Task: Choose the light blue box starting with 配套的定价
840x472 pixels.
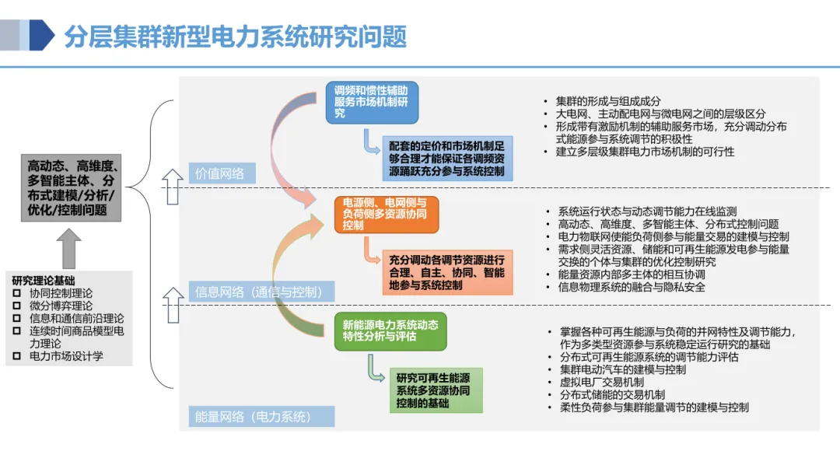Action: click(x=447, y=158)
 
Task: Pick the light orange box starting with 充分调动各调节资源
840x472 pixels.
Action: click(x=446, y=272)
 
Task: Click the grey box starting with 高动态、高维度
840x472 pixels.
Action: click(x=72, y=187)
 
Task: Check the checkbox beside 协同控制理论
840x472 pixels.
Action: click(x=17, y=293)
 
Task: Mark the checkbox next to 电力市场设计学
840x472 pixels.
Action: click(x=17, y=356)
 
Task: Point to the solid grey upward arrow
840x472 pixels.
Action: click(x=69, y=246)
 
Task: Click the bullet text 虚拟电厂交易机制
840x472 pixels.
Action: click(x=601, y=382)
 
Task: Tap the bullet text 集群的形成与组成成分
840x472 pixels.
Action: click(x=607, y=102)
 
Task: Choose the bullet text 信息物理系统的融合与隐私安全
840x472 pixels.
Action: click(x=631, y=287)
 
